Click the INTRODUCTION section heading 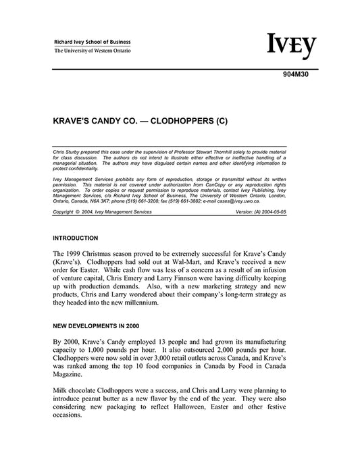tap(76, 238)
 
